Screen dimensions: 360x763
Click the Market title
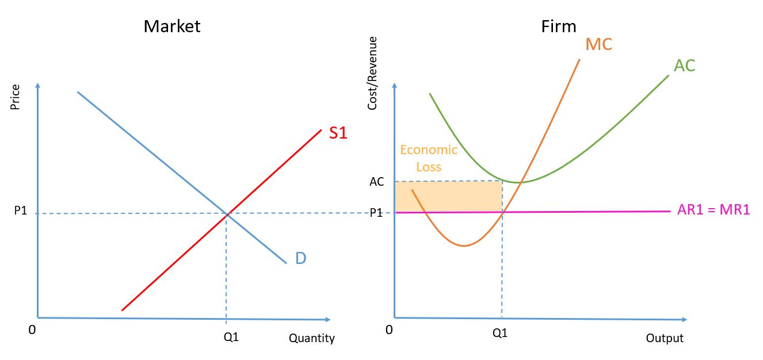click(172, 26)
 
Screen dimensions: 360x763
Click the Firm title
click(558, 26)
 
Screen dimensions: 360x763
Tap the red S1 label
click(338, 133)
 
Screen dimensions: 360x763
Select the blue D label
click(300, 258)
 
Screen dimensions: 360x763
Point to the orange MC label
click(598, 44)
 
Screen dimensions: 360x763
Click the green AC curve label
click(684, 66)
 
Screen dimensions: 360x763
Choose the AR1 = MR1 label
click(714, 210)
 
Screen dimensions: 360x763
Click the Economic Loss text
click(429, 158)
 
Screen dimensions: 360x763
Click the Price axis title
click(16, 97)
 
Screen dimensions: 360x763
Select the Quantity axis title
click(311, 338)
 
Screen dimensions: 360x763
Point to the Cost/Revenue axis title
click(372, 73)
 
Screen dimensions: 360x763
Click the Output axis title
click(664, 338)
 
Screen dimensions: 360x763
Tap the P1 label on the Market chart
click(21, 212)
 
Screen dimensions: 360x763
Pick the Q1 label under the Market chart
click(231, 338)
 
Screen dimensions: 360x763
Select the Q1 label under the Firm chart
click(500, 333)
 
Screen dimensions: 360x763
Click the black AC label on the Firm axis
click(376, 182)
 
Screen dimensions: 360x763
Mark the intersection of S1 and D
click(227, 214)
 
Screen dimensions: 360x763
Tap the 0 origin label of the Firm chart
click(390, 330)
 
